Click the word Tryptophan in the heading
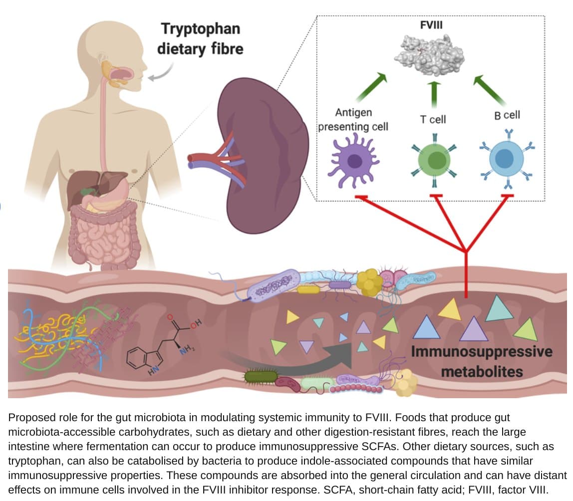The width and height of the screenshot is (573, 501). tap(200, 28)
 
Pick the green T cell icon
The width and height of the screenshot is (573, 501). tap(435, 160)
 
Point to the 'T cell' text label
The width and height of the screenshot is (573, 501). tap(432, 119)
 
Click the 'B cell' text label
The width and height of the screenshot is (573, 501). tap(507, 115)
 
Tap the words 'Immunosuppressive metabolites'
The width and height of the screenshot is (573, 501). tap(482, 361)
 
